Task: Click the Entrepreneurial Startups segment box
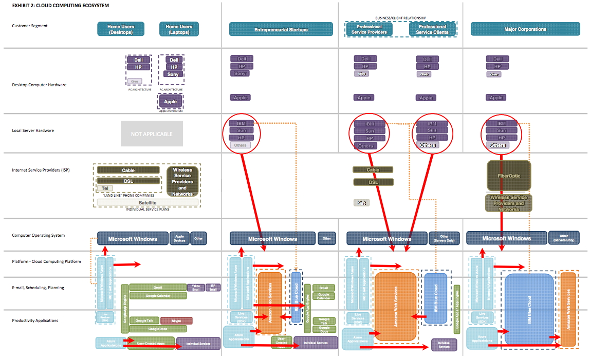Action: pyautogui.click(x=281, y=29)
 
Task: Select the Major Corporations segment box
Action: pyautogui.click(x=525, y=29)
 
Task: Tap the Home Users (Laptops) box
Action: pyautogui.click(x=179, y=29)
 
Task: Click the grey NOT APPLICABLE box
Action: pyautogui.click(x=152, y=134)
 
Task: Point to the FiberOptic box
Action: pyautogui.click(x=508, y=176)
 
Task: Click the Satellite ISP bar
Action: pyautogui.click(x=147, y=203)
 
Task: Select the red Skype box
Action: pyautogui.click(x=176, y=320)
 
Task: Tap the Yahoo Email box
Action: pyautogui.click(x=195, y=288)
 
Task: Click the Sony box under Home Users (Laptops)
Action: pyautogui.click(x=174, y=74)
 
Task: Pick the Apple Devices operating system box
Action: pyautogui.click(x=179, y=238)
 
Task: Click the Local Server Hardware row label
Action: pyautogui.click(x=33, y=130)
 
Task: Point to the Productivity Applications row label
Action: pyautogui.click(x=35, y=320)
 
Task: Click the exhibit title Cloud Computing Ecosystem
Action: pyautogui.click(x=60, y=5)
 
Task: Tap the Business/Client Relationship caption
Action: pyautogui.click(x=400, y=18)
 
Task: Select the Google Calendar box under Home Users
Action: pyautogui.click(x=158, y=295)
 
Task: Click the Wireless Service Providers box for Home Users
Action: pyautogui.click(x=182, y=181)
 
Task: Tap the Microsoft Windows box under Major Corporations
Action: pyautogui.click(x=506, y=238)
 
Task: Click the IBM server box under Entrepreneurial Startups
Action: pyautogui.click(x=241, y=123)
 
